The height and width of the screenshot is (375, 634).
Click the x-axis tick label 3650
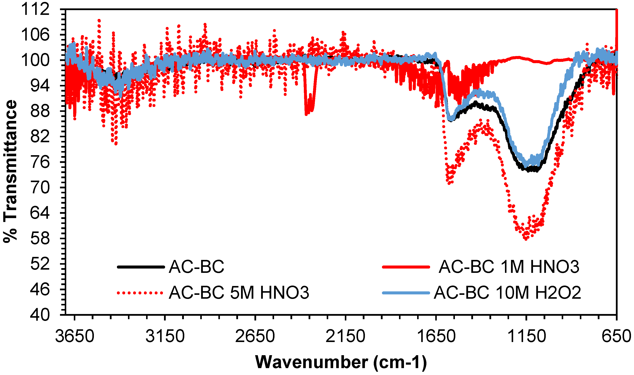(x=75, y=337)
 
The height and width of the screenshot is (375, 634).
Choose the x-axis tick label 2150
(x=345, y=337)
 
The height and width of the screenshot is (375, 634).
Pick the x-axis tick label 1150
(x=526, y=337)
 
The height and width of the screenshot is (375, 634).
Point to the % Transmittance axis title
(x=10, y=172)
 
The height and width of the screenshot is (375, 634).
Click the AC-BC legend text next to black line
(x=197, y=267)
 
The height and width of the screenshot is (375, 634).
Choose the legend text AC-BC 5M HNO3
(x=239, y=293)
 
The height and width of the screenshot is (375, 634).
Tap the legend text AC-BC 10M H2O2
(x=507, y=293)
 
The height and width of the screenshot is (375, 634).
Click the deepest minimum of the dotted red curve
(x=526, y=239)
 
